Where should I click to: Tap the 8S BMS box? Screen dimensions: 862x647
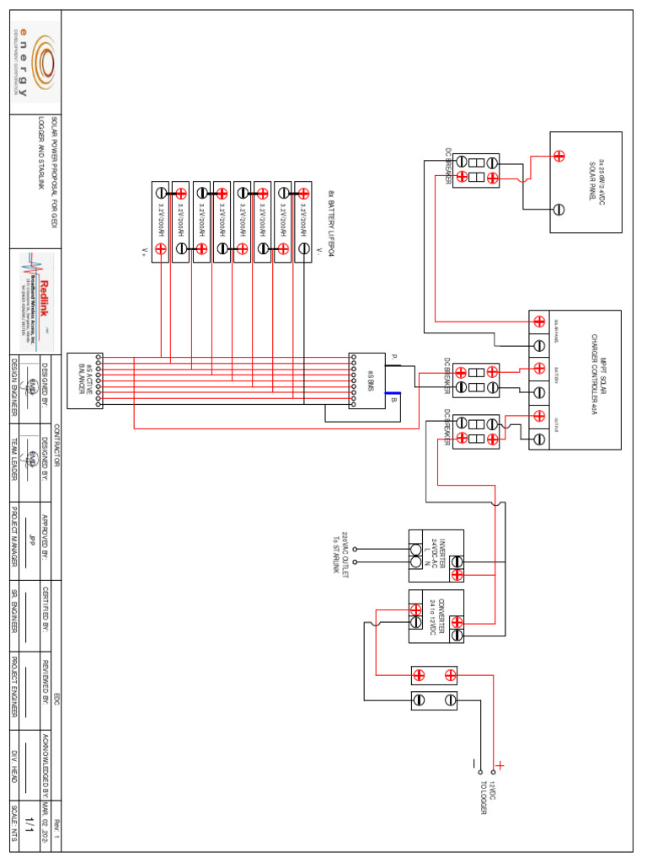pos(367,380)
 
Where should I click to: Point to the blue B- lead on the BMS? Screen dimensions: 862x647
pos(393,393)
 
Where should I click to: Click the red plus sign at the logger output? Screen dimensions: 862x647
pos(500,766)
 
